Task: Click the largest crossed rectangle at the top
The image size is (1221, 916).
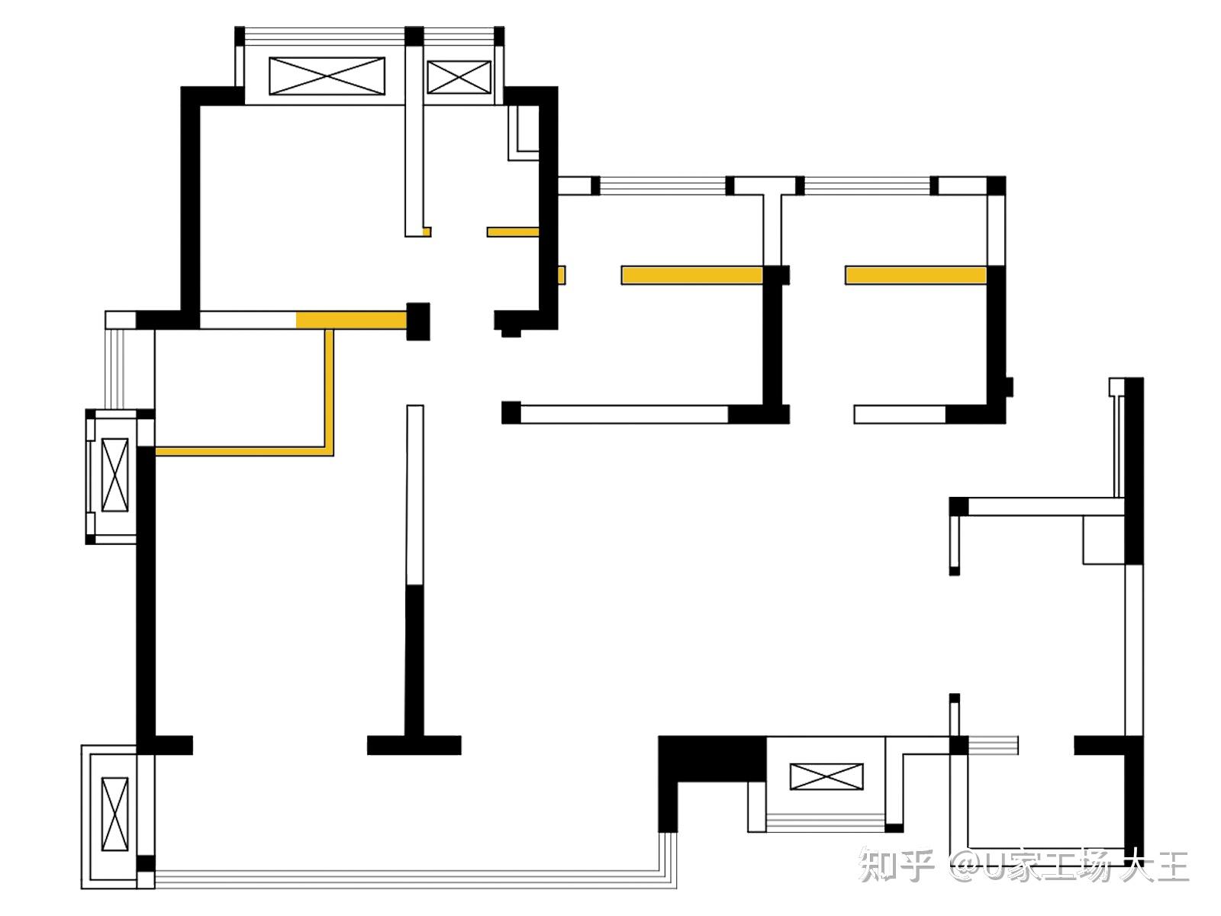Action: coord(327,76)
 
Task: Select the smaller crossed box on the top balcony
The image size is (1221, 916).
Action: coord(458,77)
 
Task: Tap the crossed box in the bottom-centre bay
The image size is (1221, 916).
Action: coord(826,776)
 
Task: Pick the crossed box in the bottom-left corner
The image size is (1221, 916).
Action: coord(114,814)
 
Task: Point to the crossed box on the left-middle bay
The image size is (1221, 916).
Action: coord(114,474)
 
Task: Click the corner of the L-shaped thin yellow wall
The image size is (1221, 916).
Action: coord(330,451)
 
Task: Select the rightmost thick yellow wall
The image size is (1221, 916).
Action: coord(915,275)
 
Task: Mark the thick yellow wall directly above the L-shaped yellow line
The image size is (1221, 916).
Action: coord(351,320)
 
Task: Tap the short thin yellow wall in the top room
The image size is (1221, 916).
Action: coord(513,231)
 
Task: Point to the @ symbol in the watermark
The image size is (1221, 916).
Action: coord(965,866)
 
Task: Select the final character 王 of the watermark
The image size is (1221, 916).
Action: coord(1171,866)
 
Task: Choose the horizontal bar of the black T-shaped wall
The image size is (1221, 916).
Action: coord(414,745)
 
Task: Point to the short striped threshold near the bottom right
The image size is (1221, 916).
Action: coord(992,744)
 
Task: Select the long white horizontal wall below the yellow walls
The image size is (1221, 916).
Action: coord(623,414)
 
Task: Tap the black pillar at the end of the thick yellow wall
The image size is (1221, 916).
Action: coord(418,321)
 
